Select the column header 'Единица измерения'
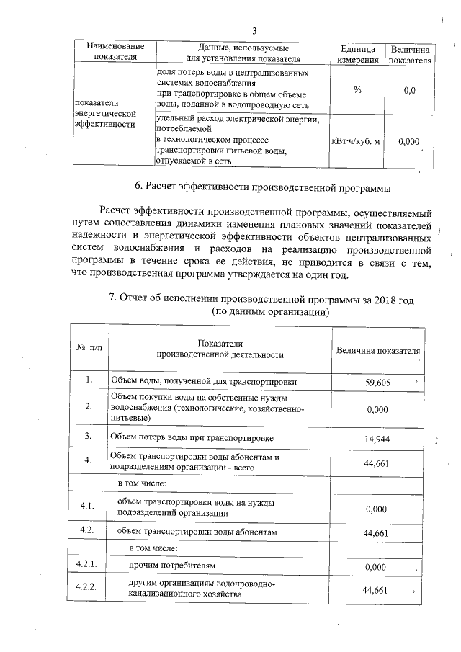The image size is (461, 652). point(357,54)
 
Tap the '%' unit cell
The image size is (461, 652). point(357,91)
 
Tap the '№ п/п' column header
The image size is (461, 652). point(89,348)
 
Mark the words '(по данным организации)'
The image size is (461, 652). point(270,313)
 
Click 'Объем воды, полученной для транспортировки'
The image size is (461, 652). point(202,382)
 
